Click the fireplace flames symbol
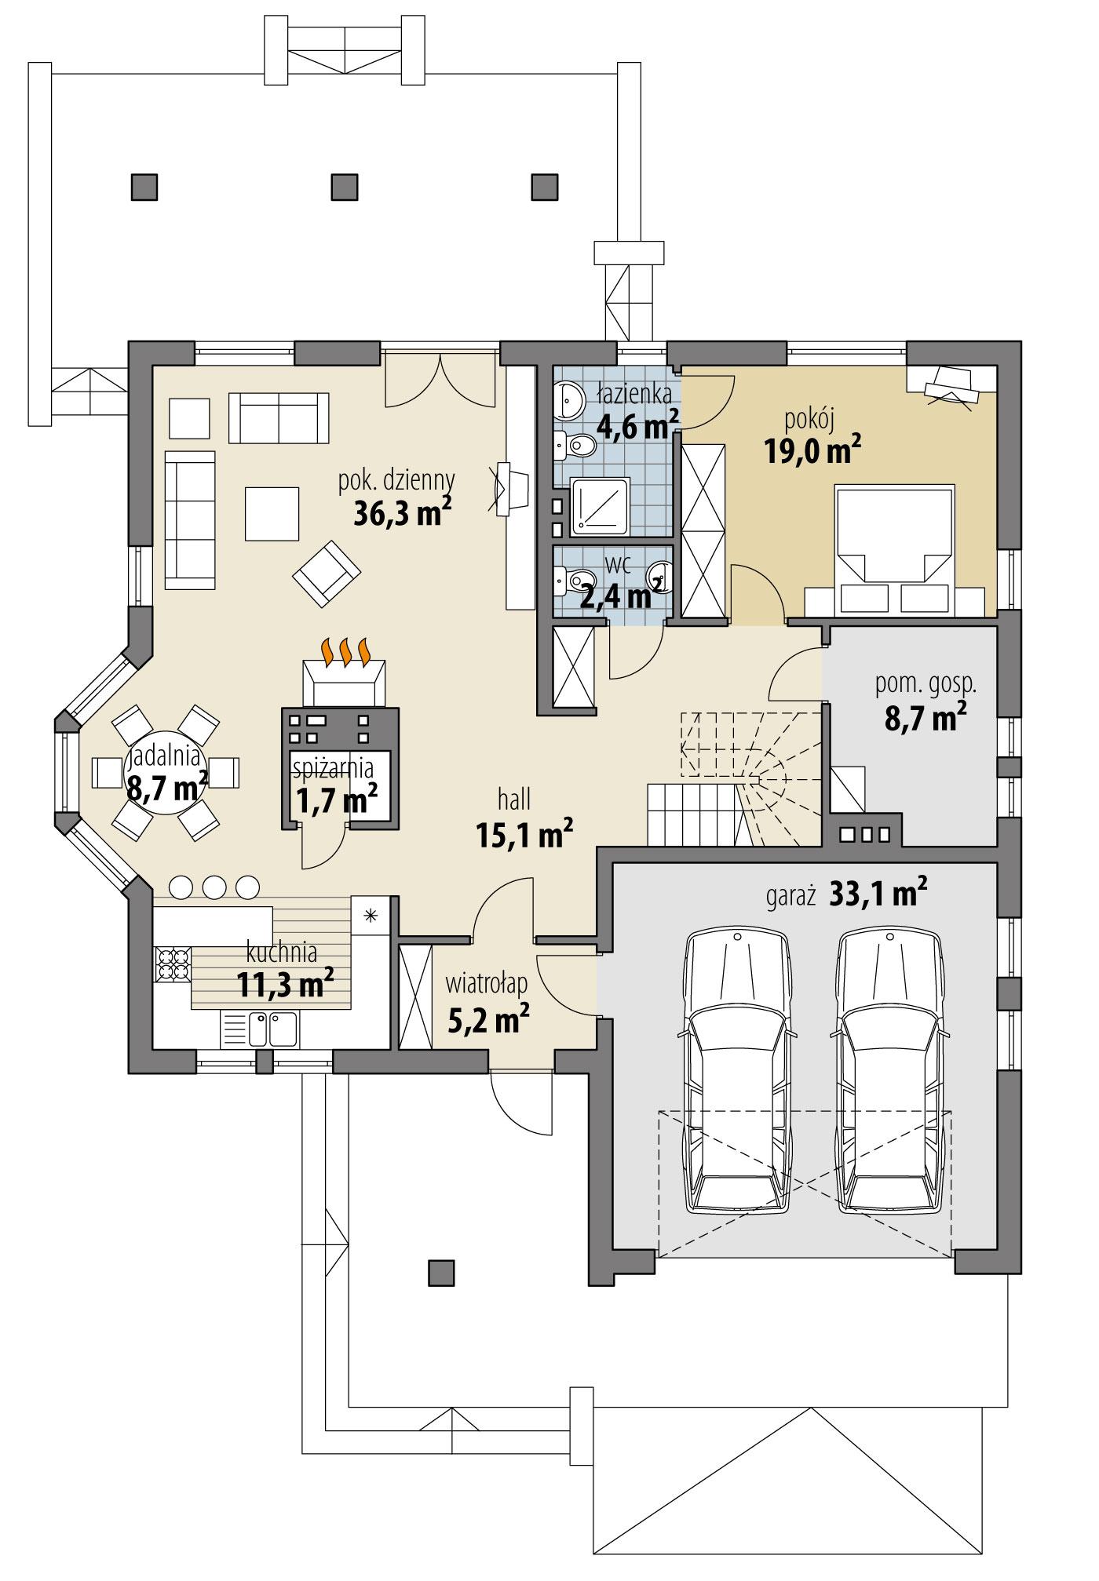coord(345,650)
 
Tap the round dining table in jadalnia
coord(166,772)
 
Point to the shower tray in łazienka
coord(599,506)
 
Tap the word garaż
coord(790,894)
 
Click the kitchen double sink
coord(271,1029)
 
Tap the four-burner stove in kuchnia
coord(173,964)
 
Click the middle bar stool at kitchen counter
coord(214,887)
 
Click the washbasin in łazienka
coord(568,399)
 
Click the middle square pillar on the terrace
coord(344,187)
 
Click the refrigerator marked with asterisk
coord(370,915)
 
